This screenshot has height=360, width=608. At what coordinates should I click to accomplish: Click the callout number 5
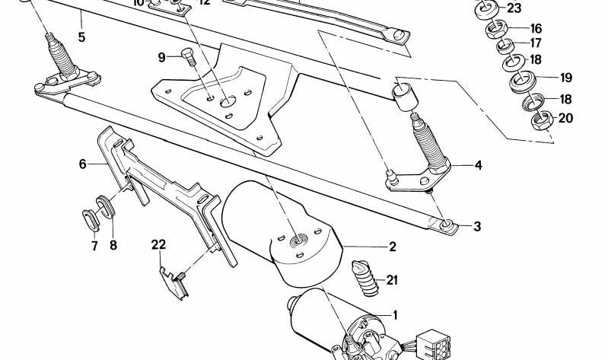click(81, 36)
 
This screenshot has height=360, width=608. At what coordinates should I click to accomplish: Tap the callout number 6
click(83, 164)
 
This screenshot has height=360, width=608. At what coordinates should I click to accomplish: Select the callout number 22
click(158, 244)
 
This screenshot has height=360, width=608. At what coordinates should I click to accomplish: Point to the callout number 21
click(392, 280)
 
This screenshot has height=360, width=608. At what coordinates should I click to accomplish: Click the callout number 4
click(478, 165)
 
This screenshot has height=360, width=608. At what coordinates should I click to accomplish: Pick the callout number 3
click(477, 226)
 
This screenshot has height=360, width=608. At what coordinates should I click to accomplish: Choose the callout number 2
click(393, 247)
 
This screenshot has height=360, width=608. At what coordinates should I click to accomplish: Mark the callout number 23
click(514, 9)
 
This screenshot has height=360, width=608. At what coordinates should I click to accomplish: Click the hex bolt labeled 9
click(186, 56)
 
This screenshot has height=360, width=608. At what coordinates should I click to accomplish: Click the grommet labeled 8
click(105, 208)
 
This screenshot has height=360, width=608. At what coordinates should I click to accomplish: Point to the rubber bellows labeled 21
click(364, 279)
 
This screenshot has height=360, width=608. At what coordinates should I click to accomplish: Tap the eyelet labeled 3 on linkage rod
click(447, 225)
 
